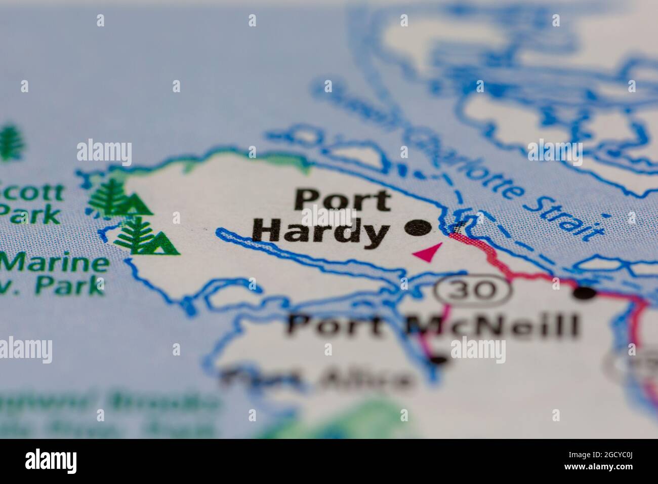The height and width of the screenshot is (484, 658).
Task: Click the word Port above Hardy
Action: click(x=343, y=201)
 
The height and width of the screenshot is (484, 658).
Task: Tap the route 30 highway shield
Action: click(x=473, y=291)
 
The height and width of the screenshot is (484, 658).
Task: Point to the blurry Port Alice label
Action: click(x=316, y=379)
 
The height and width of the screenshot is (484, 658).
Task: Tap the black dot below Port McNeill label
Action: click(x=439, y=360)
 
